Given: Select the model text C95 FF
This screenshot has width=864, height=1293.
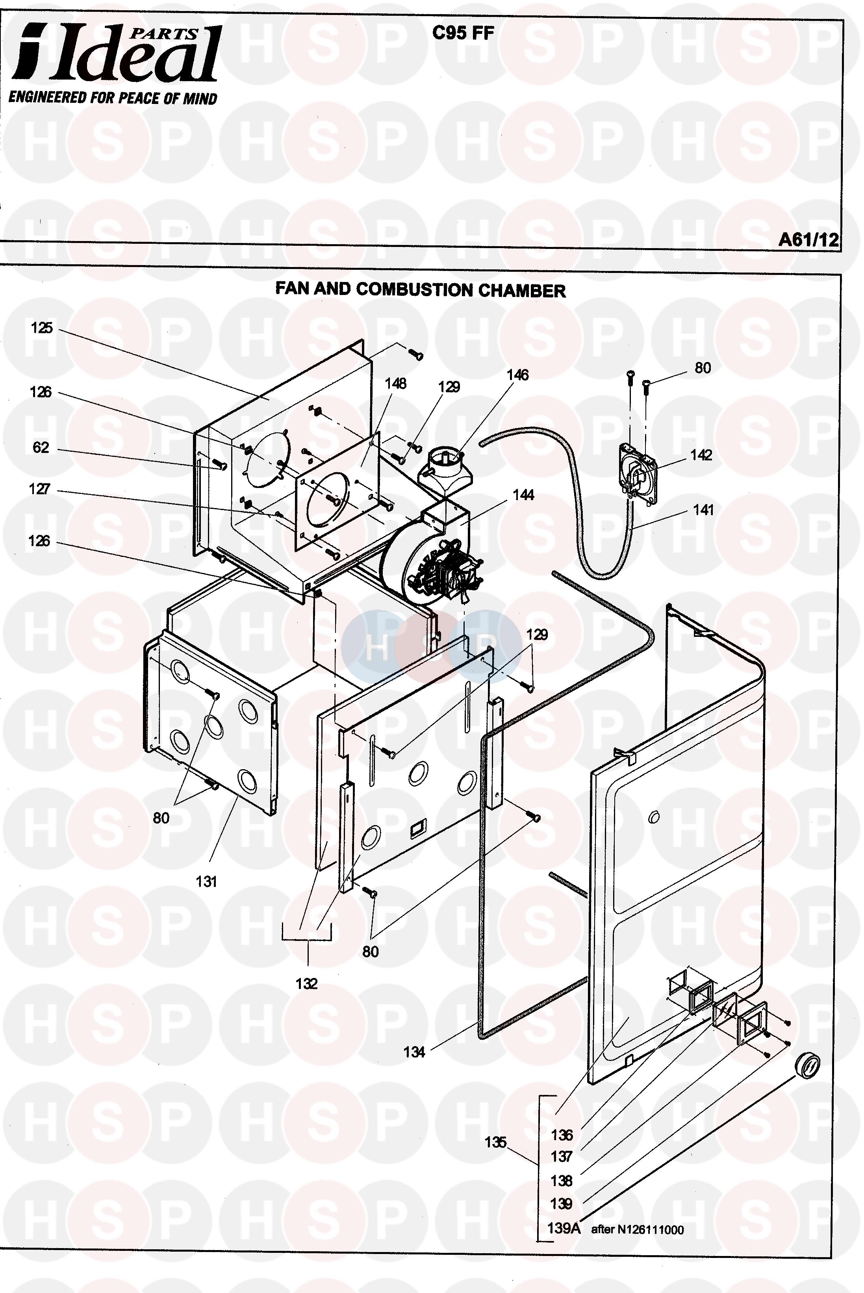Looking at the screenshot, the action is pos(463,33).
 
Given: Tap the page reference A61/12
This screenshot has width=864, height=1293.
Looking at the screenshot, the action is pos(808,239).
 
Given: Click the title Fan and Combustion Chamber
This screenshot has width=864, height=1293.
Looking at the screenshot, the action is pos(421,290).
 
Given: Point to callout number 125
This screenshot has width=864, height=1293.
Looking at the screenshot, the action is pos(41,328).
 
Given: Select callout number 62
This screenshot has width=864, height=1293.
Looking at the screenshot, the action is pos(41,447).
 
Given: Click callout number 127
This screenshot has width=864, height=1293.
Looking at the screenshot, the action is pos(40,489).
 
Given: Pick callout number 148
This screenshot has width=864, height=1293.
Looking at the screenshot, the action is pos(396,384).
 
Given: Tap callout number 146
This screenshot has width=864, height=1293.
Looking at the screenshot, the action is pos(517,375).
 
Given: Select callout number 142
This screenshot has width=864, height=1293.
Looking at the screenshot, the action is pos(701,455).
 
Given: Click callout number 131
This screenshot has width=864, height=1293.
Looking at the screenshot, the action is pos(206,881).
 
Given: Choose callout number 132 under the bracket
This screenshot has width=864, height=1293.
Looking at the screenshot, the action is pos(306,983).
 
